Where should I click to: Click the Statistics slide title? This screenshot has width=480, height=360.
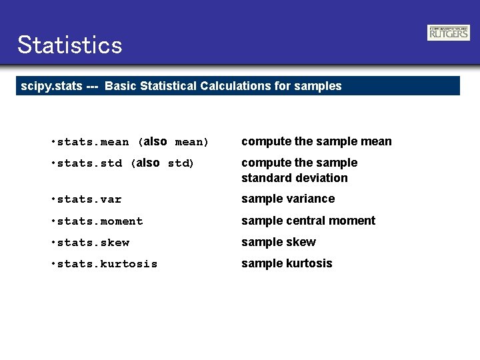(70, 45)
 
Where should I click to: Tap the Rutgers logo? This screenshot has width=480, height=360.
(448, 33)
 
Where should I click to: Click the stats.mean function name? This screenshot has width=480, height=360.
(93, 142)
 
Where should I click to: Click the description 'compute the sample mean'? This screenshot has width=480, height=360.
(316, 141)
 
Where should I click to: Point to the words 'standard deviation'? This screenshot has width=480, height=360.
(294, 178)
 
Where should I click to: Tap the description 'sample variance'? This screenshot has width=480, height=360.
(288, 199)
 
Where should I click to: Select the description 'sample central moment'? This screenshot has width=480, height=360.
(308, 221)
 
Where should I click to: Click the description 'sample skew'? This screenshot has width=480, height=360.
(279, 242)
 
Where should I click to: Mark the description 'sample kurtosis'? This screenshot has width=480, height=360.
(287, 263)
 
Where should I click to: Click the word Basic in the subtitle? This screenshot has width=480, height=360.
(119, 86)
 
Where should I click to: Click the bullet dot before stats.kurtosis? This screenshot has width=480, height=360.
(53, 264)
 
